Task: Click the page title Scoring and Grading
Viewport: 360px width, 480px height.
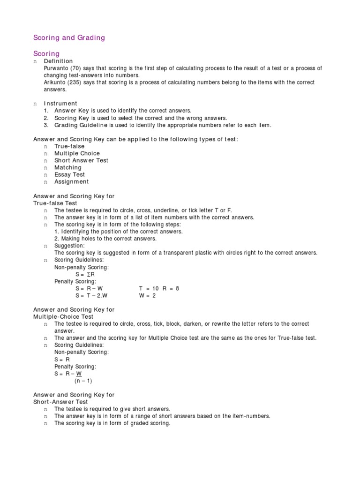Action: pos(69,37)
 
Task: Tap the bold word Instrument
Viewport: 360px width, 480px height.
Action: pos(60,104)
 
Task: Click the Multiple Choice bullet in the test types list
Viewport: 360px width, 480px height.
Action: pos(77,153)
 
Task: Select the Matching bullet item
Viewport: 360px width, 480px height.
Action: pos(67,167)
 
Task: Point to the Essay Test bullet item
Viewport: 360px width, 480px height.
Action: pos(69,174)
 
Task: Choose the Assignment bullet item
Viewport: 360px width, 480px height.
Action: pos(71,181)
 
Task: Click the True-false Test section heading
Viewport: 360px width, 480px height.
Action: pos(55,203)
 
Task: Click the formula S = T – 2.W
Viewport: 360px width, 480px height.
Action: pos(92,296)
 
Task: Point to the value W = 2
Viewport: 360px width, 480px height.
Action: pos(147,296)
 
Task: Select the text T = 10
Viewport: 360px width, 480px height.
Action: pos(149,289)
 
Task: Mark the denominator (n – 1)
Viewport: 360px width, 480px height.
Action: pos(84,381)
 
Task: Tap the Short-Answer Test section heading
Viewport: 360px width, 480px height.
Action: pos(60,402)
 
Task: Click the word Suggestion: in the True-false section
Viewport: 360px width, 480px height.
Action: pos(69,246)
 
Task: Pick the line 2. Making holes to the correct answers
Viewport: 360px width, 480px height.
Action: pos(105,239)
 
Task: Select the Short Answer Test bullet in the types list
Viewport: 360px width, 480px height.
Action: pos(81,160)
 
